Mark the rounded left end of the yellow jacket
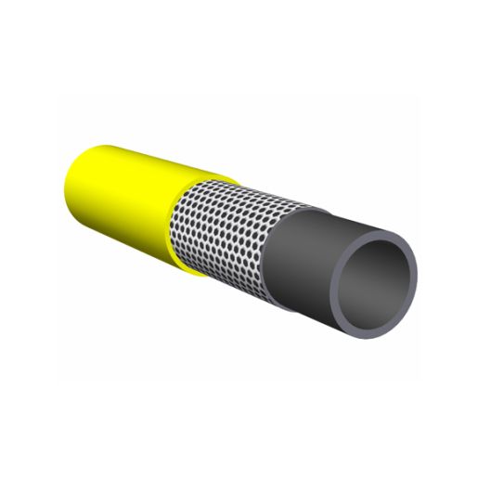point(74,181)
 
